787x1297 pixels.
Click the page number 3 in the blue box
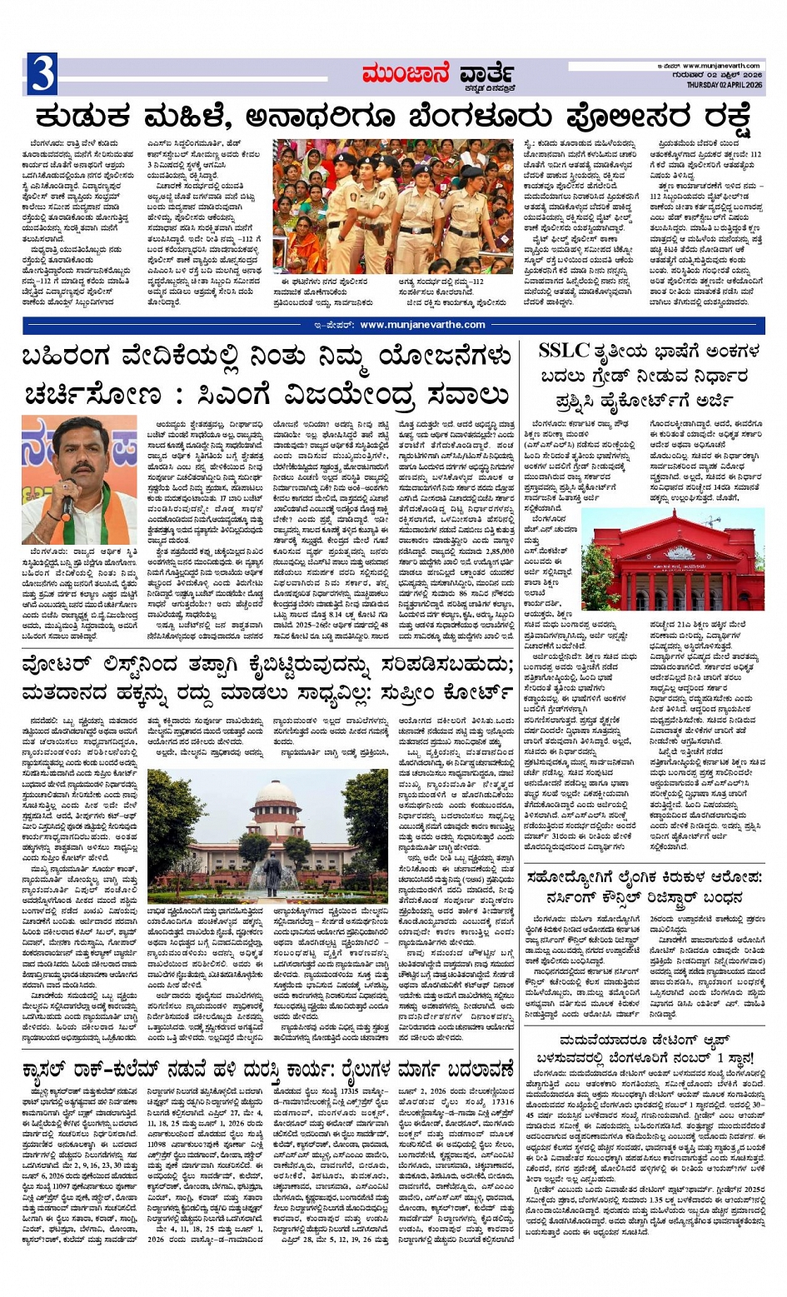click(x=41, y=74)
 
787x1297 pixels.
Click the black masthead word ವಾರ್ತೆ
click(x=482, y=72)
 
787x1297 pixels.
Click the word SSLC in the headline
click(x=564, y=350)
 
